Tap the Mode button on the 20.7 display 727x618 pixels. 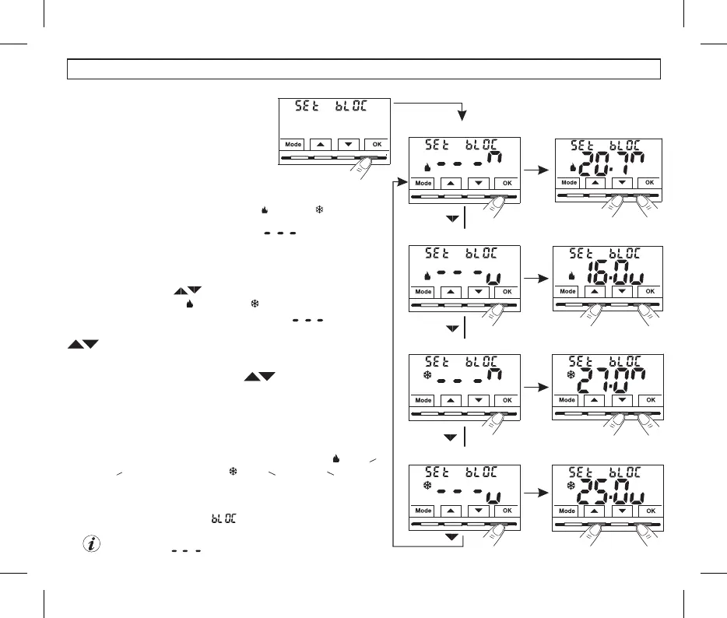(x=569, y=183)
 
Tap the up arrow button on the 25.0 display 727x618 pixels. (x=596, y=511)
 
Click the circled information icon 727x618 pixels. (x=92, y=545)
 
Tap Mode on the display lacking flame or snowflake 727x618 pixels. (x=293, y=144)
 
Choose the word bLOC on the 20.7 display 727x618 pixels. (x=631, y=144)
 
